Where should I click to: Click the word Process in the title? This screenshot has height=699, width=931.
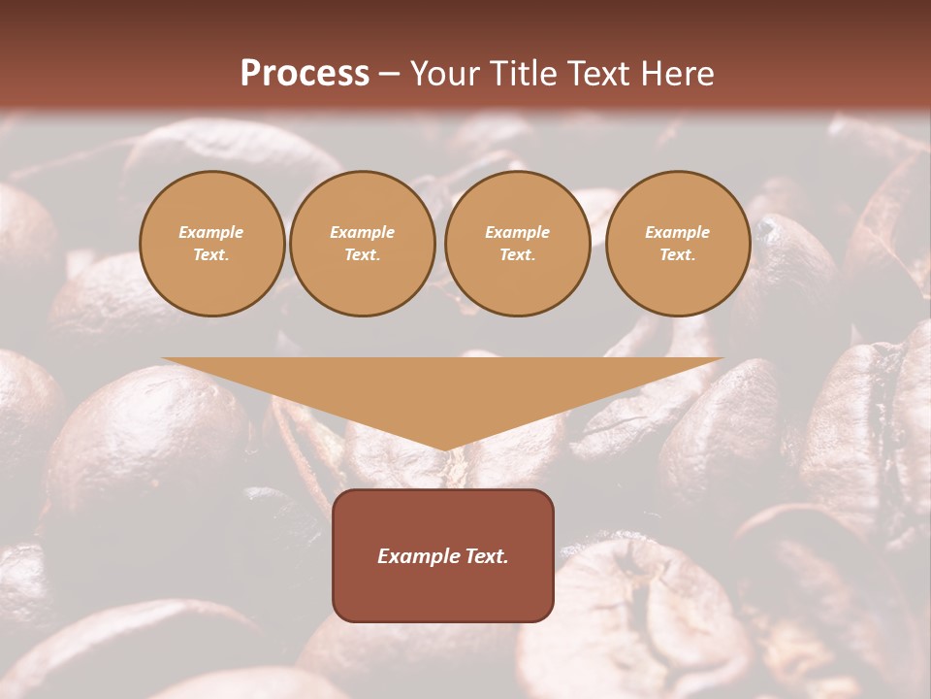(305, 74)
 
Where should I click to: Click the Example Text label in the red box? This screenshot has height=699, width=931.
(443, 556)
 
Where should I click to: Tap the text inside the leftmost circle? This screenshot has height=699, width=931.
(211, 244)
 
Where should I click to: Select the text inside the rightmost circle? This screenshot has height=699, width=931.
(677, 244)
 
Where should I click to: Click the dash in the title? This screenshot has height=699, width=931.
(390, 75)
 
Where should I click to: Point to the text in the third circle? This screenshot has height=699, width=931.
(517, 244)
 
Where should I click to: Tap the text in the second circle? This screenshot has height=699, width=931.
(362, 244)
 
